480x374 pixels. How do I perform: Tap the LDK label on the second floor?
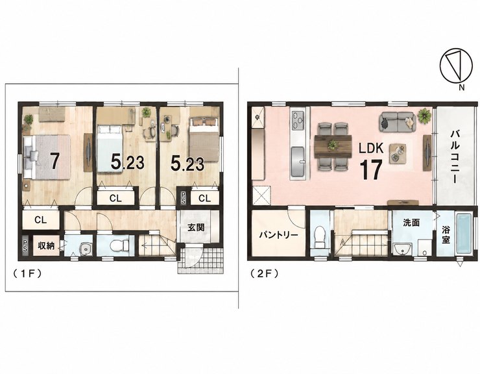[x=371, y=149]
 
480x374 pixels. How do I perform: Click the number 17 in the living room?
[x=370, y=170]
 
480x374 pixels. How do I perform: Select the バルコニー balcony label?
[x=454, y=156]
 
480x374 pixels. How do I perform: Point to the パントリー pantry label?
[x=278, y=235]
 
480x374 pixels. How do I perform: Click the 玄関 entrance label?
[x=196, y=227]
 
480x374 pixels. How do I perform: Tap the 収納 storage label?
[x=46, y=245]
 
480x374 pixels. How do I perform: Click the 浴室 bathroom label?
[x=446, y=234]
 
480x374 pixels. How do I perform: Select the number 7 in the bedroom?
[x=54, y=160]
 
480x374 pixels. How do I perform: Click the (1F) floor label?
[x=27, y=273]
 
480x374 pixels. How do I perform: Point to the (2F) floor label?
[x=264, y=273]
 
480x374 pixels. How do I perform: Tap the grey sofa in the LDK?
[x=398, y=121]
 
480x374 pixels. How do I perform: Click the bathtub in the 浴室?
[x=464, y=234]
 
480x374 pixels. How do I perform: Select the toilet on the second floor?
[x=320, y=236]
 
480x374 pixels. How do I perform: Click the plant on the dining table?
[x=333, y=144]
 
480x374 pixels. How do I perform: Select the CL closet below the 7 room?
[x=40, y=219]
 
